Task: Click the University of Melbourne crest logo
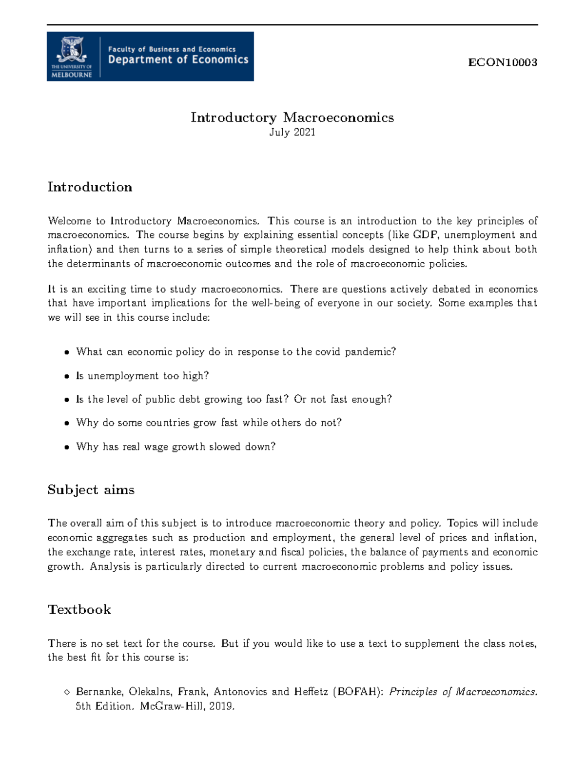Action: [x=72, y=51]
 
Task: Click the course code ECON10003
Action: [x=502, y=62]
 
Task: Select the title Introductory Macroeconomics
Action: [x=292, y=117]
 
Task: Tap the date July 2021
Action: [x=292, y=132]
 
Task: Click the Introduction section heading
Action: [x=90, y=187]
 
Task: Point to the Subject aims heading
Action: [x=91, y=490]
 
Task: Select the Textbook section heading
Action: [x=79, y=610]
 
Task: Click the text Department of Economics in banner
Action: [x=178, y=60]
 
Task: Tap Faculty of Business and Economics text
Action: [x=172, y=49]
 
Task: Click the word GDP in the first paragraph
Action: [x=425, y=235]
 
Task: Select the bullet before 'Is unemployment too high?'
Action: [x=67, y=376]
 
